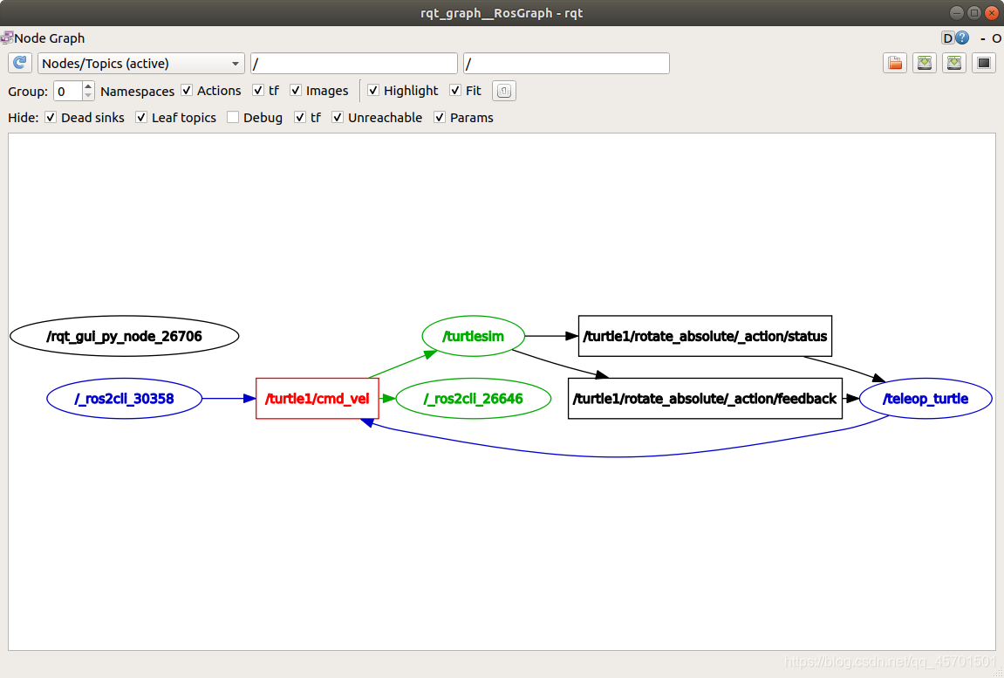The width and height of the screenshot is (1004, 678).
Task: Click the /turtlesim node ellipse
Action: pos(474,336)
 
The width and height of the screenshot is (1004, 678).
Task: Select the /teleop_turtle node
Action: pos(925,399)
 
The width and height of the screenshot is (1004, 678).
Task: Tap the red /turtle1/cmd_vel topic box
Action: pos(317,399)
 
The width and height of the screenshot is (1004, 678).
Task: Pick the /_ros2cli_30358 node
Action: pos(124,399)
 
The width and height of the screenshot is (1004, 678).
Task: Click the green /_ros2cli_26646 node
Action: pos(474,399)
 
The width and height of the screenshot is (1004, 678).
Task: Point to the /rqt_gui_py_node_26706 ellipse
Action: pos(124,336)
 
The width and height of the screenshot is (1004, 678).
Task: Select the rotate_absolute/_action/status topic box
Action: pos(705,336)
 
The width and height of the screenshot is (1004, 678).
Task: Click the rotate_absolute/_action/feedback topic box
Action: pos(705,399)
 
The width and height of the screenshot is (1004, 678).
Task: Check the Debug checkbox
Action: pos(233,118)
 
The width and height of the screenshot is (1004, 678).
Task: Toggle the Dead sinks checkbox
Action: pos(51,118)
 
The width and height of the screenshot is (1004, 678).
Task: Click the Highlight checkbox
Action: pos(373,91)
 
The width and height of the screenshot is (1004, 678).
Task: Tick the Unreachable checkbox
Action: pos(338,118)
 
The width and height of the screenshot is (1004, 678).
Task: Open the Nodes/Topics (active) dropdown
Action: pos(141,64)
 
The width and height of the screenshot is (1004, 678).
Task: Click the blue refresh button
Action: pos(20,64)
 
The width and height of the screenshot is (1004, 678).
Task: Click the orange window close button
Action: pos(993,12)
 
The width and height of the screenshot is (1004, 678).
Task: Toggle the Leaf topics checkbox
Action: pos(141,118)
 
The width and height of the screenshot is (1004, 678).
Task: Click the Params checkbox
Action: pos(440,118)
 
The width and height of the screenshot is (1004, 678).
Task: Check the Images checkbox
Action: pos(296,91)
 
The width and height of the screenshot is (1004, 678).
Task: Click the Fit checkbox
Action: pos(455,91)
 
